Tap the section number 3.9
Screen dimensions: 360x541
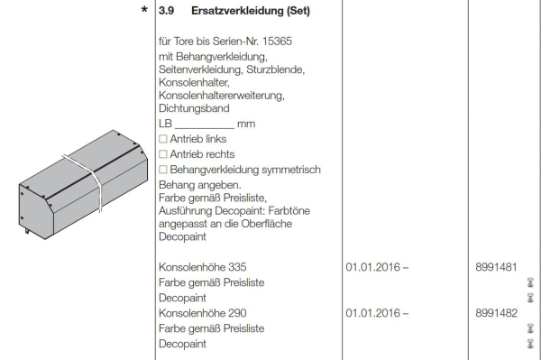coord(166,12)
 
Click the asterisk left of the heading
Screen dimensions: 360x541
coord(143,10)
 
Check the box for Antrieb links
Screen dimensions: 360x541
coord(163,140)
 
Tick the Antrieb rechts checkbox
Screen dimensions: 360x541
coord(163,154)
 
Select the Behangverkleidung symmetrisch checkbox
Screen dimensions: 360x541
coord(163,169)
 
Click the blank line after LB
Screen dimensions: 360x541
coord(204,125)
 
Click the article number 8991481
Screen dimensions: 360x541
coord(495,267)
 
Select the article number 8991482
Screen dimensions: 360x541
coord(495,313)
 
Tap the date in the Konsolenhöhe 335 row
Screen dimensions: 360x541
coord(377,267)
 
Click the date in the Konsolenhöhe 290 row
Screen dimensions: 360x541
coord(377,313)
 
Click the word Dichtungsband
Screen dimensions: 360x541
coord(193,108)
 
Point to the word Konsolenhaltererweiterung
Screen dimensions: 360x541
coord(222,95)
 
